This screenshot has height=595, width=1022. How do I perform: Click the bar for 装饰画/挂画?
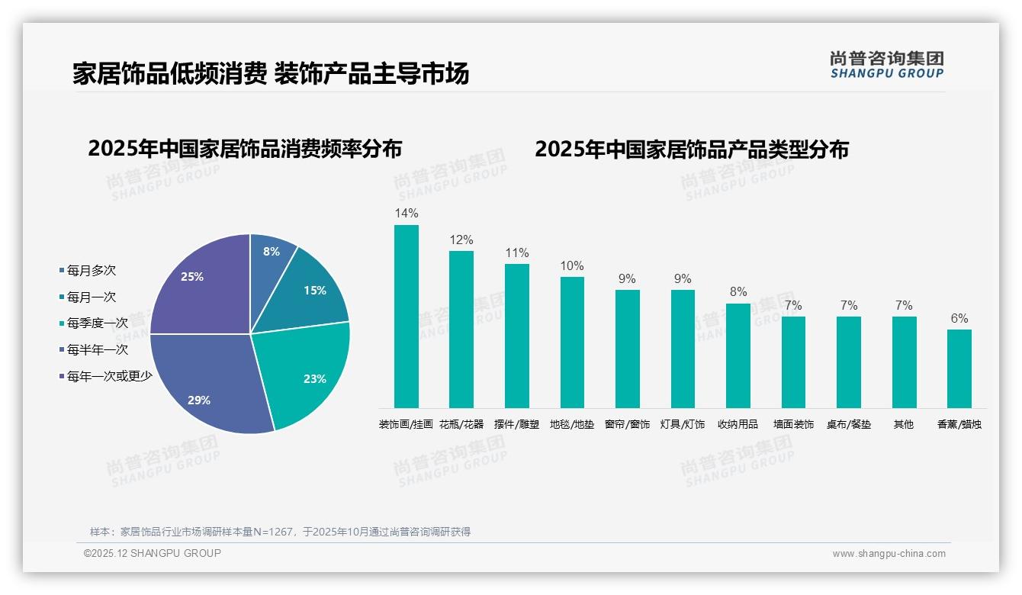(x=407, y=316)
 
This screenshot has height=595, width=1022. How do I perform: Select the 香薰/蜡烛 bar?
(x=959, y=368)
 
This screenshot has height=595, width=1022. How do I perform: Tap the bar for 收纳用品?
(x=738, y=355)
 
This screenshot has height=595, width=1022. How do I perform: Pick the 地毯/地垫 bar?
(x=572, y=342)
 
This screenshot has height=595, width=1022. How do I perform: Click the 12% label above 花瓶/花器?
(x=461, y=240)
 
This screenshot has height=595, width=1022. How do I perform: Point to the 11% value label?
(x=516, y=252)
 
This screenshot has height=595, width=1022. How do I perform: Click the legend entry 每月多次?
(x=91, y=271)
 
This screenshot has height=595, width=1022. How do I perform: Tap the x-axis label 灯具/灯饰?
(x=683, y=424)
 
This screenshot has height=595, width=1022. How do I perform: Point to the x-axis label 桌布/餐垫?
(x=849, y=424)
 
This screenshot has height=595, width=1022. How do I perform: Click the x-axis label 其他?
(x=904, y=424)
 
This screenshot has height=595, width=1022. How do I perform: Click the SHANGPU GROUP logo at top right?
(x=887, y=65)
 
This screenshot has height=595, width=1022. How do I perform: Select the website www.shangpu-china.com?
(x=889, y=554)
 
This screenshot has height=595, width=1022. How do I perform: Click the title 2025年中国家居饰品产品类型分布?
(x=691, y=150)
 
